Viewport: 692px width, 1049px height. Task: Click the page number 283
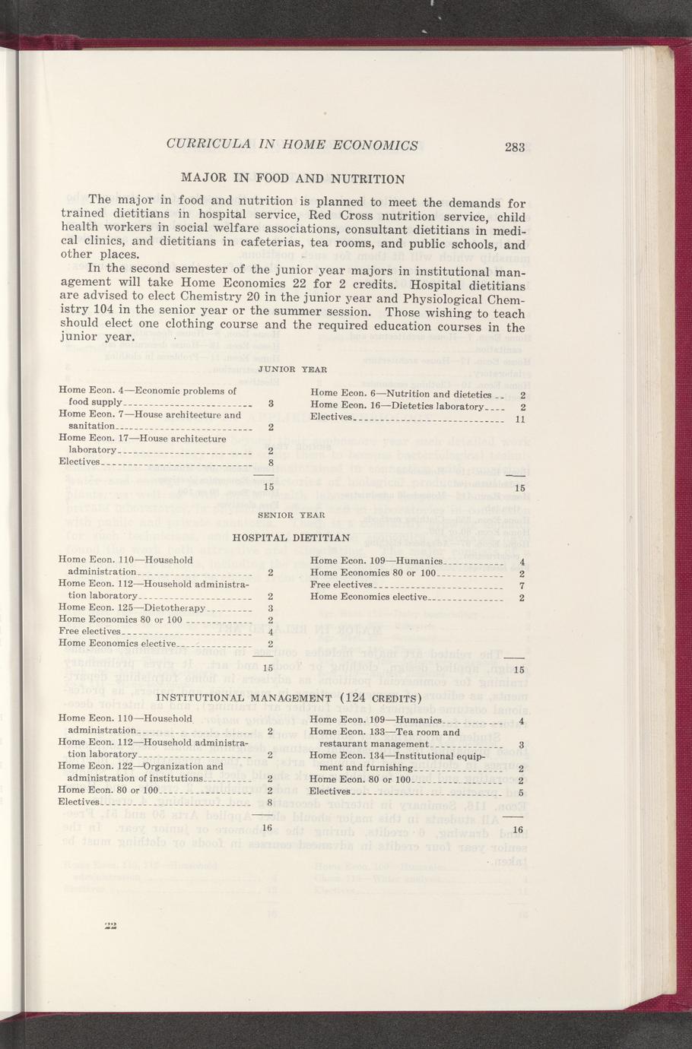coord(515,147)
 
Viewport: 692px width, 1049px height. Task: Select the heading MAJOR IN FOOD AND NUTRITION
coord(293,179)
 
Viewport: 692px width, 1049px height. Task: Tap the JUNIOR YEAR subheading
coord(293,369)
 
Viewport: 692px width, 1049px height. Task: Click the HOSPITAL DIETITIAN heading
coord(293,537)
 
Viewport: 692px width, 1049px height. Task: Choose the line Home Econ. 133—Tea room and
coord(385,732)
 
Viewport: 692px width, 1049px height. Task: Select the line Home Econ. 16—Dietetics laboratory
coord(397,407)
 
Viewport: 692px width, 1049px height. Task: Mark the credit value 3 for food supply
coord(271,403)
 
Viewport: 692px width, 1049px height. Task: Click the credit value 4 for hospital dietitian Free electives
coord(271,632)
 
